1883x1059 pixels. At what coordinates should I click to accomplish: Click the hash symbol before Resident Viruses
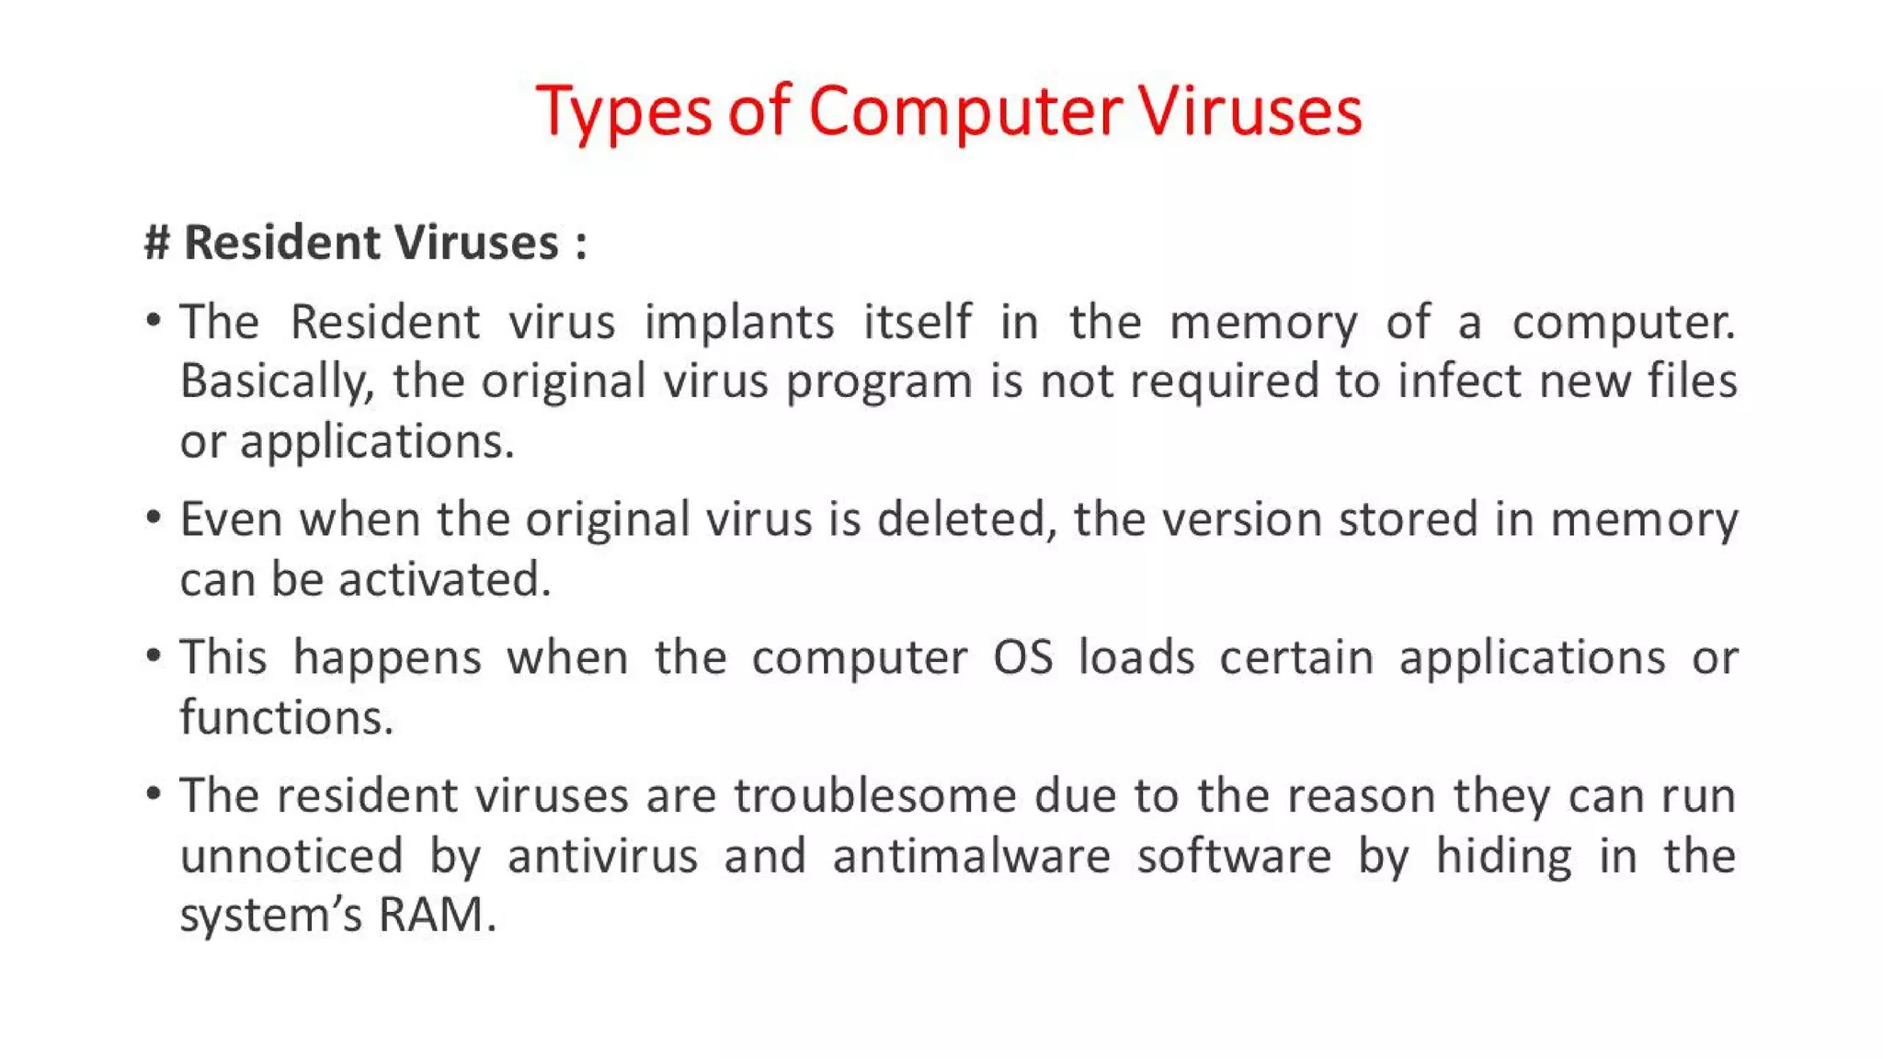click(156, 243)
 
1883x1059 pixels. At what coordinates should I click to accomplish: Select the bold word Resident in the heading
click(281, 243)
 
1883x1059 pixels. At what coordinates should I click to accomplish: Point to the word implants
click(739, 322)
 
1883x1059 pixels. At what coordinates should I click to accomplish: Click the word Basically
click(277, 381)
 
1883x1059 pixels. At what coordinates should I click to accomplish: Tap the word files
click(1692, 381)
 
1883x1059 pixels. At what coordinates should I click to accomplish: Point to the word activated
click(444, 579)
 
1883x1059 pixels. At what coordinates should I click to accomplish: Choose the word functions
click(286, 717)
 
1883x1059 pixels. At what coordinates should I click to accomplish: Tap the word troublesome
click(875, 796)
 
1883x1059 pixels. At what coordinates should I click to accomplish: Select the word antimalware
click(972, 856)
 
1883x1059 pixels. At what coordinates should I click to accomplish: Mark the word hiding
click(1504, 857)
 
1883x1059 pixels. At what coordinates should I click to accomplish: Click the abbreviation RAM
click(431, 915)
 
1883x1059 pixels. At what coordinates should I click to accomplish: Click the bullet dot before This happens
click(154, 656)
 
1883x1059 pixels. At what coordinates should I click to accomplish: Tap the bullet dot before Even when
click(154, 518)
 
